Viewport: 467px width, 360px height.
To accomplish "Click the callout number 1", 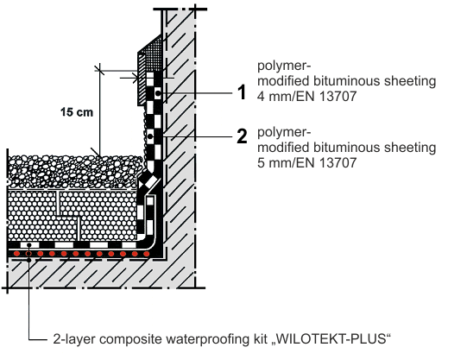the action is pyautogui.click(x=243, y=92).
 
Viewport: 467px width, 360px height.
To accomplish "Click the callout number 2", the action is pyautogui.click(x=243, y=136).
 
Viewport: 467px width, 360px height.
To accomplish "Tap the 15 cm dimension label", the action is pyautogui.click(x=77, y=112).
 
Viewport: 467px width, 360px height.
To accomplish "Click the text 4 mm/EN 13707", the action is pyautogui.click(x=306, y=96).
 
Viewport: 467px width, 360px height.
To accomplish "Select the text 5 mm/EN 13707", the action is pyautogui.click(x=306, y=162).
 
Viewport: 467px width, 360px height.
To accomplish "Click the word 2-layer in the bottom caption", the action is pyautogui.click(x=74, y=339).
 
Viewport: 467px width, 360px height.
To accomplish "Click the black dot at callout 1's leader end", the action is pyautogui.click(x=158, y=93).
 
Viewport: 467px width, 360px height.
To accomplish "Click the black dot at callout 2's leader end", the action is pyautogui.click(x=150, y=136).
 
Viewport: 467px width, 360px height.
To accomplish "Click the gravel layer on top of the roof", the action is pyautogui.click(x=74, y=171).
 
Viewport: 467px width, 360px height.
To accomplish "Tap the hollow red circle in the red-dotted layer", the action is pyautogui.click(x=28, y=254).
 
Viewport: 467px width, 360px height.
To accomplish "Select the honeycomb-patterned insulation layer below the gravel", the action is pyautogui.click(x=73, y=215).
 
